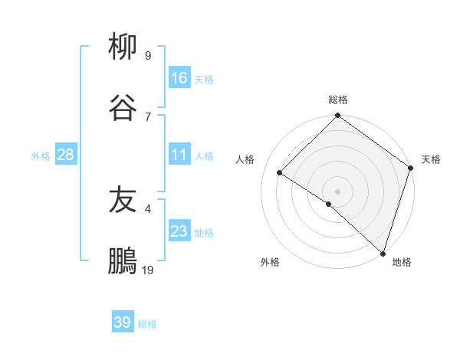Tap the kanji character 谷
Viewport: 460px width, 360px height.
tap(123, 108)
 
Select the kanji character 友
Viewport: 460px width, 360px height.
tap(123, 200)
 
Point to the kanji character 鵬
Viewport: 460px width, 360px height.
tap(123, 261)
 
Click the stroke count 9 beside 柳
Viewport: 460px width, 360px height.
tap(148, 55)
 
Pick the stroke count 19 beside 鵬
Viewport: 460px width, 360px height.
tap(148, 270)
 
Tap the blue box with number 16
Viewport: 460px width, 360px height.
tap(179, 77)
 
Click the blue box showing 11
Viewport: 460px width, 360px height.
tap(179, 155)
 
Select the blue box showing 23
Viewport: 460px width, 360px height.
tap(179, 231)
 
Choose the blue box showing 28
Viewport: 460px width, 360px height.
tap(66, 155)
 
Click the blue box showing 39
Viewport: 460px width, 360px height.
tap(123, 322)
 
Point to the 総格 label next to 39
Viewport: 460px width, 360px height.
tap(147, 324)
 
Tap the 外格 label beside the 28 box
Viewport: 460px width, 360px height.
tap(41, 156)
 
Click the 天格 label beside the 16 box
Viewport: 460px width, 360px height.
tap(204, 79)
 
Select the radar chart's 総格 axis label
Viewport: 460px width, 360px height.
tap(337, 100)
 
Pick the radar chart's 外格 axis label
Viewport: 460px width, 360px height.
tap(270, 263)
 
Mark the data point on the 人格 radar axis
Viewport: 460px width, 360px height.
tap(280, 173)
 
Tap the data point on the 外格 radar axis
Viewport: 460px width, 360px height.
tap(329, 204)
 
